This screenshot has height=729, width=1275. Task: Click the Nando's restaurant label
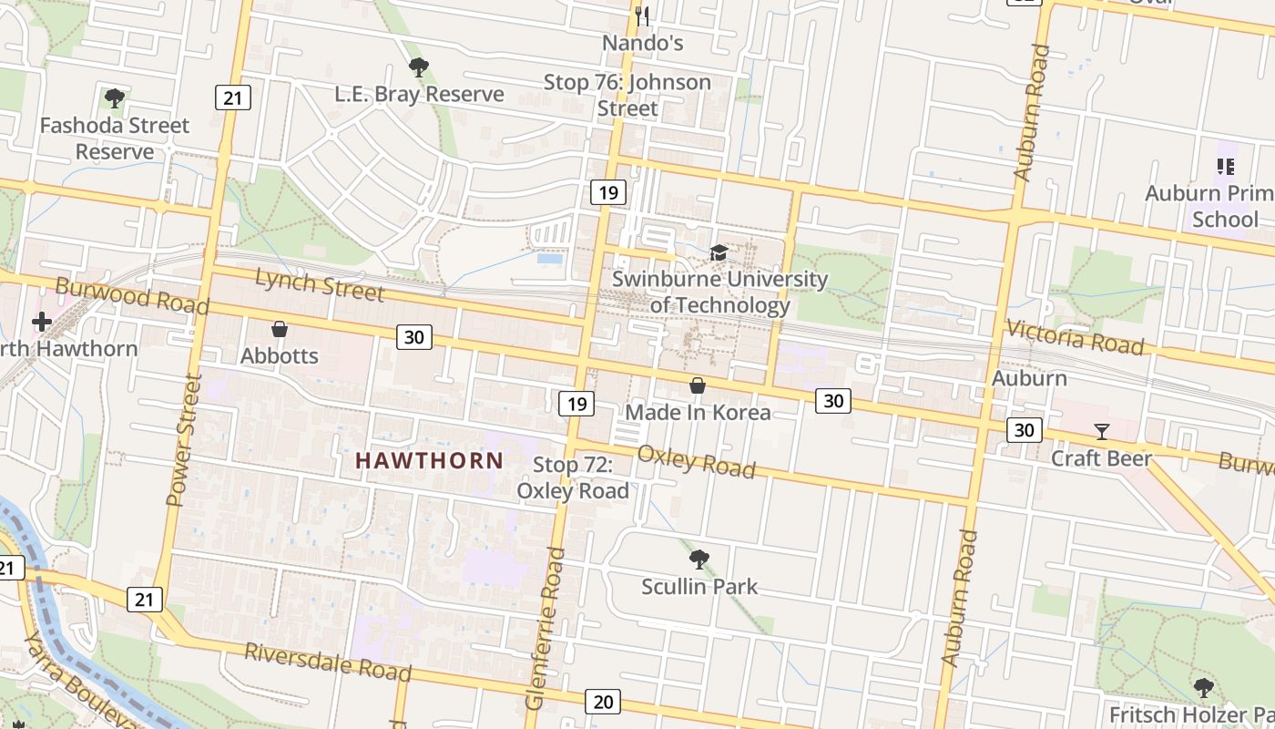pyautogui.click(x=642, y=43)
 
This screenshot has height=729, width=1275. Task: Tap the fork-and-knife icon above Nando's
pyautogui.click(x=642, y=15)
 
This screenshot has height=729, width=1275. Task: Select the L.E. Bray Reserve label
pyautogui.click(x=419, y=94)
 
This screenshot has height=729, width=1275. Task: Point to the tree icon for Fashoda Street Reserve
pyautogui.click(x=114, y=98)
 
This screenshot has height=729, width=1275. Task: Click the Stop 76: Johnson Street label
pyautogui.click(x=627, y=95)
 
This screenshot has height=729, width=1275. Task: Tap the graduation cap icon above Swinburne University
pyautogui.click(x=719, y=252)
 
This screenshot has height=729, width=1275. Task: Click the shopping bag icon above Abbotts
pyautogui.click(x=280, y=329)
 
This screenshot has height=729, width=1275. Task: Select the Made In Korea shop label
pyautogui.click(x=698, y=412)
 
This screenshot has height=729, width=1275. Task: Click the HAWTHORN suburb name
pyautogui.click(x=429, y=460)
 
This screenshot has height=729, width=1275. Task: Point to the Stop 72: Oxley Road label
pyautogui.click(x=573, y=477)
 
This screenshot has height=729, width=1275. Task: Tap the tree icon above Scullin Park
pyautogui.click(x=699, y=559)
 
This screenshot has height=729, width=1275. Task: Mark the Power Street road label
pyautogui.click(x=182, y=439)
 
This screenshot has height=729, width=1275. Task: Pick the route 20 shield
pyautogui.click(x=603, y=701)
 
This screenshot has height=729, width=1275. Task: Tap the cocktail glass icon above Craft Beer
pyautogui.click(x=1102, y=431)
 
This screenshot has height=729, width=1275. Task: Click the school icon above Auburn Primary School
pyautogui.click(x=1225, y=166)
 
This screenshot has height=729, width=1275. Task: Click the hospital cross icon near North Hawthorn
pyautogui.click(x=42, y=321)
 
